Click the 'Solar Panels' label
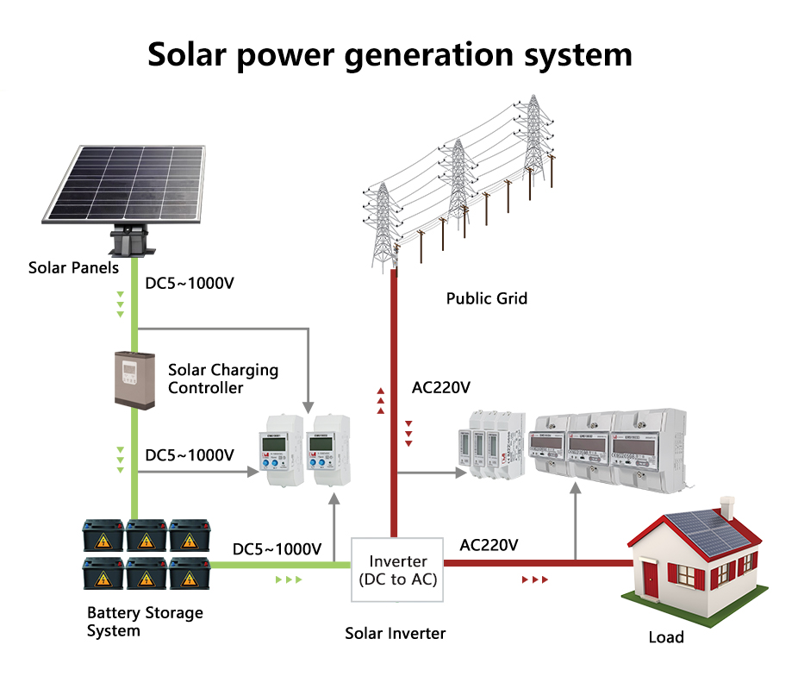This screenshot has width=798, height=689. click(73, 267)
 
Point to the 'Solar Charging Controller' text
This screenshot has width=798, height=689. click(222, 379)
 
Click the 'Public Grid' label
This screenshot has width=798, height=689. click(486, 298)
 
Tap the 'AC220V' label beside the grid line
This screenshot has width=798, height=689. click(441, 387)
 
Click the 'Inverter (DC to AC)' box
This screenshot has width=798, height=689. click(397, 570)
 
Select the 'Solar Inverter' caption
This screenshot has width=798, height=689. click(396, 634)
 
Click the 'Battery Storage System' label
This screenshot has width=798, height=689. click(145, 622)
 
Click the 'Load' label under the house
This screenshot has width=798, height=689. click(666, 638)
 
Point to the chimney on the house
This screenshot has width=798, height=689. click(726, 506)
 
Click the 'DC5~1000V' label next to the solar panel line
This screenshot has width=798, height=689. click(189, 284)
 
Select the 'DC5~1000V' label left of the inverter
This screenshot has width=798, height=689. click(277, 549)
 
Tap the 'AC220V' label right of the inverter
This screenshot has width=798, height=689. click(489, 545)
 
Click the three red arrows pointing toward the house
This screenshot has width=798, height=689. click(535, 580)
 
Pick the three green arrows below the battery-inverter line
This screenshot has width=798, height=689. click(289, 579)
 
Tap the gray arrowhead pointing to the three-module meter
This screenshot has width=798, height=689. click(457, 473)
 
